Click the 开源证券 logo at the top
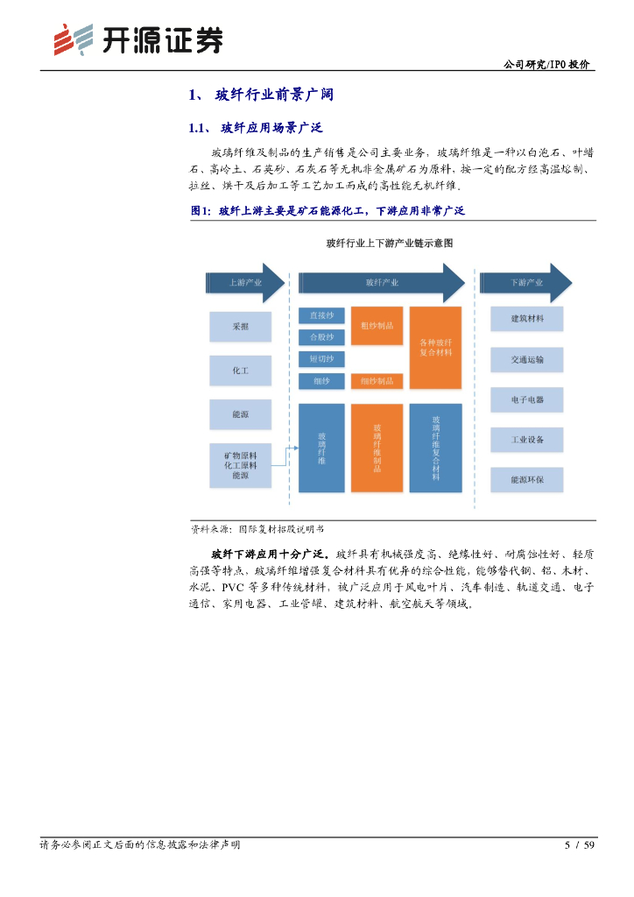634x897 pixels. (137, 39)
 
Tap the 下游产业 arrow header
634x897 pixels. (525, 282)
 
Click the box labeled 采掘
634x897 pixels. (240, 327)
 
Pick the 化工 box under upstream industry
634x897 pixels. (240, 371)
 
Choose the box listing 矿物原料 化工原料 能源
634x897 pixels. (240, 465)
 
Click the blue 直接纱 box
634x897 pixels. (321, 315)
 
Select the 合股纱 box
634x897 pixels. (321, 337)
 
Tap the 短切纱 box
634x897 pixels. (321, 359)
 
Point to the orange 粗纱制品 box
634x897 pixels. (377, 326)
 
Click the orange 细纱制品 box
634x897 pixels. (377, 381)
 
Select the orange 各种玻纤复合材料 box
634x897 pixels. (435, 348)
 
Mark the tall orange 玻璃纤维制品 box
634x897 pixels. (377, 448)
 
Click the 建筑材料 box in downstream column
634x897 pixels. (526, 319)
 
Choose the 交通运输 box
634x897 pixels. (526, 359)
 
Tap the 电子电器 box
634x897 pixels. (526, 399)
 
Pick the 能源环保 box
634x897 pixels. (526, 479)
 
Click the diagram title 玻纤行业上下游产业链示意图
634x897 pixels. (389, 243)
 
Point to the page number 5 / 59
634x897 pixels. (580, 845)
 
